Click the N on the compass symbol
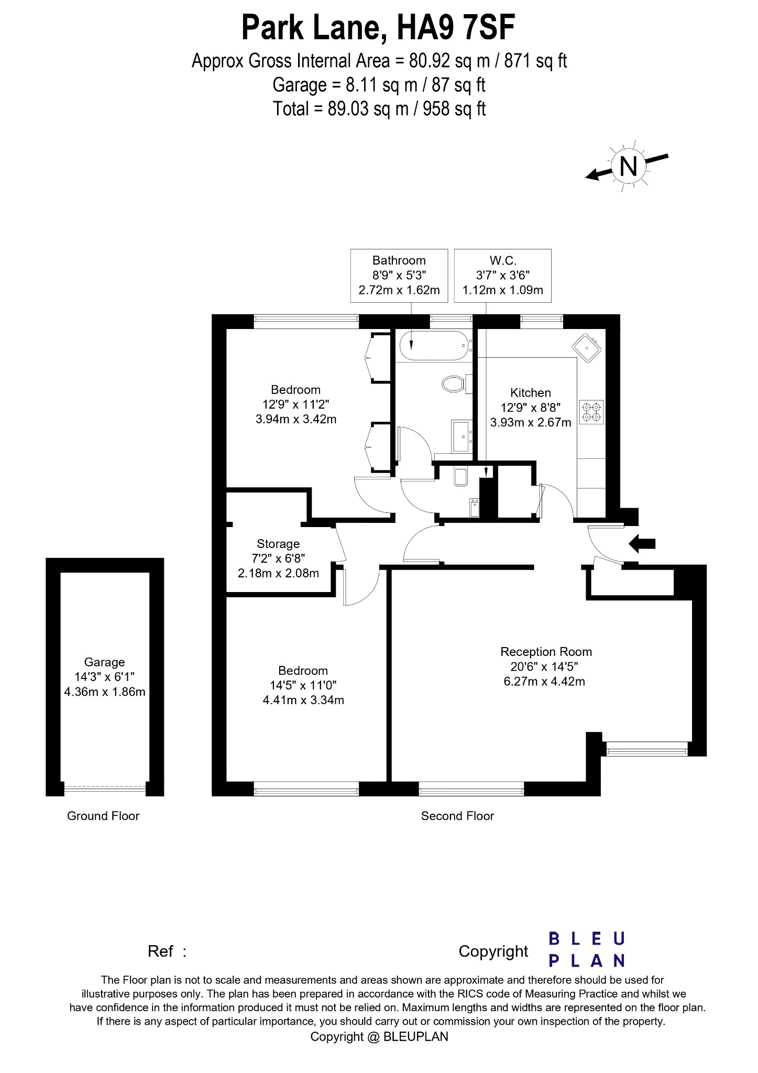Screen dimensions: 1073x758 [628, 167]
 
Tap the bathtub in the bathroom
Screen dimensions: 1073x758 [433, 345]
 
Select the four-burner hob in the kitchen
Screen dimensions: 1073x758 [591, 412]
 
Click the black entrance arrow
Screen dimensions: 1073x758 [642, 544]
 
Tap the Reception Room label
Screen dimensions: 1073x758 [546, 652]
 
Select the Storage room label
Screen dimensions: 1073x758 [278, 544]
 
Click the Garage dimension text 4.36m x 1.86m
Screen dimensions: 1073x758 [105, 692]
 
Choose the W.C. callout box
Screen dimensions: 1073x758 [503, 275]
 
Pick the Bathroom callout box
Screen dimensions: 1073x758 [399, 275]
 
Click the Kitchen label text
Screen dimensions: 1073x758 [531, 393]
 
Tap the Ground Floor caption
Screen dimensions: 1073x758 [103, 816]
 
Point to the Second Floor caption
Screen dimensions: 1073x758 [457, 816]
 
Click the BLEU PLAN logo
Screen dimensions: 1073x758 [587, 949]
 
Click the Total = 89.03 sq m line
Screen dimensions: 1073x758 [379, 109]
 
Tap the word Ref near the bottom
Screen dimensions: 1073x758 [160, 951]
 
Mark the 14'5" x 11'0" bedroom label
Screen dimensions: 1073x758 [303, 685]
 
